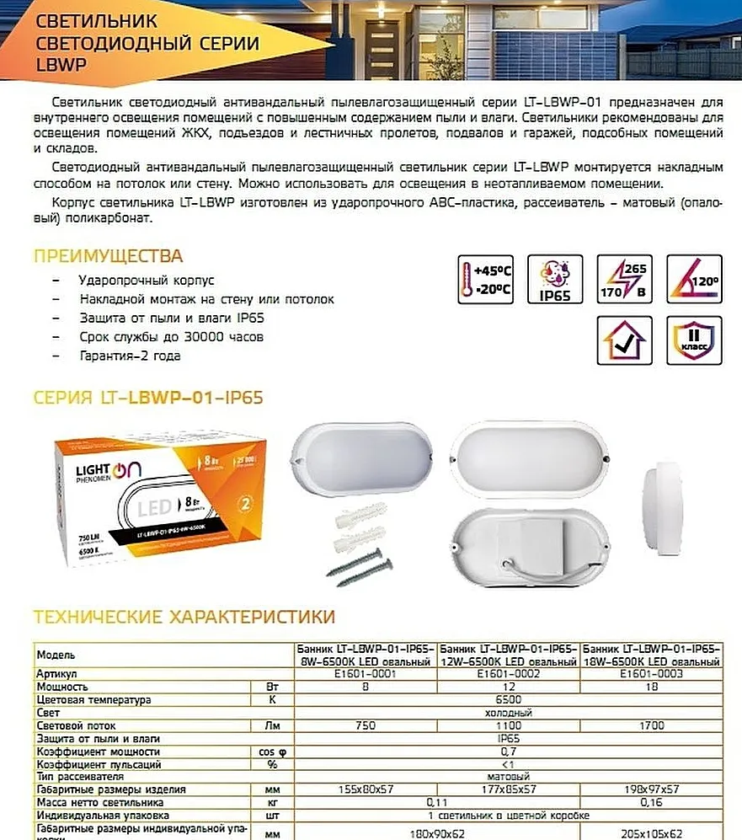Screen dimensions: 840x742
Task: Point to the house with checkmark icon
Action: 624,340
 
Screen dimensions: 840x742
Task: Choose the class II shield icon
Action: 694,340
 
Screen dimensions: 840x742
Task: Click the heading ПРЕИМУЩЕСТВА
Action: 108,256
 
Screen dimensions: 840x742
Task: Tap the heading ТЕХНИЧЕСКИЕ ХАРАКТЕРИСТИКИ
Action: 184,618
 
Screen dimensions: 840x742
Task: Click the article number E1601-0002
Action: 508,674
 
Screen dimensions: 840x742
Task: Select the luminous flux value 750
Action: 366,725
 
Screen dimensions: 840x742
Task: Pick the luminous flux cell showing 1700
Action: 651,725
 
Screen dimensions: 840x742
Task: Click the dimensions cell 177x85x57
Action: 508,789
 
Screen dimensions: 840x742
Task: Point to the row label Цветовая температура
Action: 93,700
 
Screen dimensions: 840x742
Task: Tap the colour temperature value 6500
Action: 508,700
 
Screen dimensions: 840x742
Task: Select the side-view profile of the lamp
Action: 665,500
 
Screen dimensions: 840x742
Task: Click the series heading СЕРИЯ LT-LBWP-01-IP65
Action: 148,397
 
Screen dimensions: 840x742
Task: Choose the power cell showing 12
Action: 508,687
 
